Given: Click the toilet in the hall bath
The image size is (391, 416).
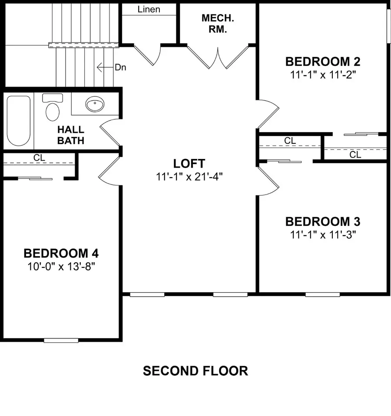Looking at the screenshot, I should point(52,109).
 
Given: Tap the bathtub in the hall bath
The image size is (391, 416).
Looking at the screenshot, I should point(18,120).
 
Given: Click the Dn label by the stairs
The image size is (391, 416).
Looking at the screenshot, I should point(120,67).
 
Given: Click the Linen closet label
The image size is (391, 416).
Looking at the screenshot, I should point(149,9).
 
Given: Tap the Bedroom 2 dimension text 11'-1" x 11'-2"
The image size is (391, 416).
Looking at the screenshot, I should point(322,74).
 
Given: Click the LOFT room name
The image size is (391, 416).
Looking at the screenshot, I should point(189,164).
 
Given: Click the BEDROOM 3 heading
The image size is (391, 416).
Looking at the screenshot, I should point(322,222).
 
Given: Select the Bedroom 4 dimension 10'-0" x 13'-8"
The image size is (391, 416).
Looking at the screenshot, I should point(64,266).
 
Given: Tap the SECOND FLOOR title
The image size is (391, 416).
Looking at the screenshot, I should point(195,371).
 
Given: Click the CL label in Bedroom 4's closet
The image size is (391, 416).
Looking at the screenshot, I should point(39,158).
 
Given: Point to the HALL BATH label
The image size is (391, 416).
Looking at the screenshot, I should point(71,135).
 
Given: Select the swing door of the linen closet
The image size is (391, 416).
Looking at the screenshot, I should point(148,54).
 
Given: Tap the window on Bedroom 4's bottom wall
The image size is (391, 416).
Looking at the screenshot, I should point(60,340).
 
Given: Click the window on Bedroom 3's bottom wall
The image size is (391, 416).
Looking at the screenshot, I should point(322,294).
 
